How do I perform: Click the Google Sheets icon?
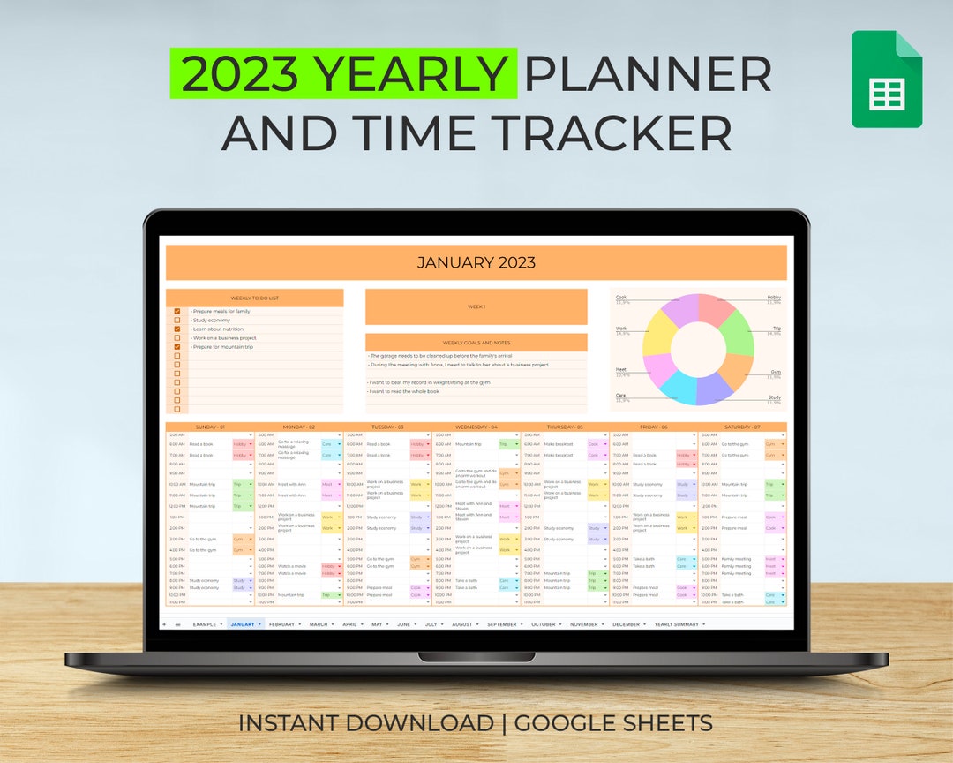[x=886, y=79]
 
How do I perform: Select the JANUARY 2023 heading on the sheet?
[x=476, y=262]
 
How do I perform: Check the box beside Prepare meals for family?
[x=177, y=312]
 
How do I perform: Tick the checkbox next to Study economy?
[x=177, y=321]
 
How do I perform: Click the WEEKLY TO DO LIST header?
[x=254, y=298]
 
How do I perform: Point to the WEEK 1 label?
[x=476, y=306]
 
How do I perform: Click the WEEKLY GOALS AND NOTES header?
[x=476, y=343]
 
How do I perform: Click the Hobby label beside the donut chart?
[x=773, y=298]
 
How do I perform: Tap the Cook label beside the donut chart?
[x=621, y=298]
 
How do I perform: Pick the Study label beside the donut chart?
[x=774, y=398]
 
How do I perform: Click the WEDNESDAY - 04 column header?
[x=476, y=427]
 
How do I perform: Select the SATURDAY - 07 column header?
[x=742, y=427]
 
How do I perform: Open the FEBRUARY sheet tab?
[x=282, y=624]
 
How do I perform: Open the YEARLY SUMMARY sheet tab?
[x=676, y=624]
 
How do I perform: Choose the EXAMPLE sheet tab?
[x=204, y=624]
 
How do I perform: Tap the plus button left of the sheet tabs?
[x=164, y=624]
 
